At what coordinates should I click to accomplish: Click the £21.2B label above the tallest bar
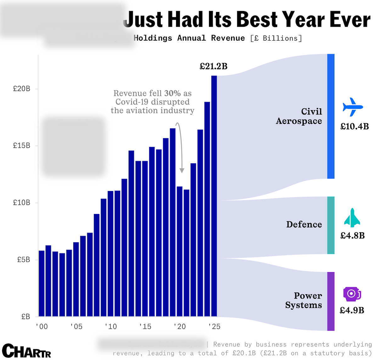click(x=213, y=66)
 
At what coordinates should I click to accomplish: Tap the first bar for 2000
click(x=42, y=283)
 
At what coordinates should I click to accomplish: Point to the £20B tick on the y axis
click(x=22, y=89)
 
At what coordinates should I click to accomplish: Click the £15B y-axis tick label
click(x=22, y=146)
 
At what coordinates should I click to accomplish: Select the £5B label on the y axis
click(x=24, y=260)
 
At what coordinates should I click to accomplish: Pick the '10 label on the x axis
click(x=110, y=327)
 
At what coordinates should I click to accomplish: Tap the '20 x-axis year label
click(x=180, y=327)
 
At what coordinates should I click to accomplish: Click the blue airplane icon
click(x=353, y=107)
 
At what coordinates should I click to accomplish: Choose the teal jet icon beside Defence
click(x=352, y=218)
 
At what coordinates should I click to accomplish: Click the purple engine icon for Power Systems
click(x=352, y=294)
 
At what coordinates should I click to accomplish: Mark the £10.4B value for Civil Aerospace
click(x=354, y=127)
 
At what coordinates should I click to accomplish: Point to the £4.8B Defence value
click(x=352, y=235)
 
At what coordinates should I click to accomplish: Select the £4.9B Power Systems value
click(x=352, y=311)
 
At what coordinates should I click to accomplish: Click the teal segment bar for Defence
click(x=331, y=225)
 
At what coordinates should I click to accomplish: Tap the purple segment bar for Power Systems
click(x=331, y=301)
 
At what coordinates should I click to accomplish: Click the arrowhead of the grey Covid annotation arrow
click(x=182, y=171)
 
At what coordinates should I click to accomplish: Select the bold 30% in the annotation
click(x=172, y=93)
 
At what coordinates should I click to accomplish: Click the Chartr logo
click(x=26, y=351)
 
